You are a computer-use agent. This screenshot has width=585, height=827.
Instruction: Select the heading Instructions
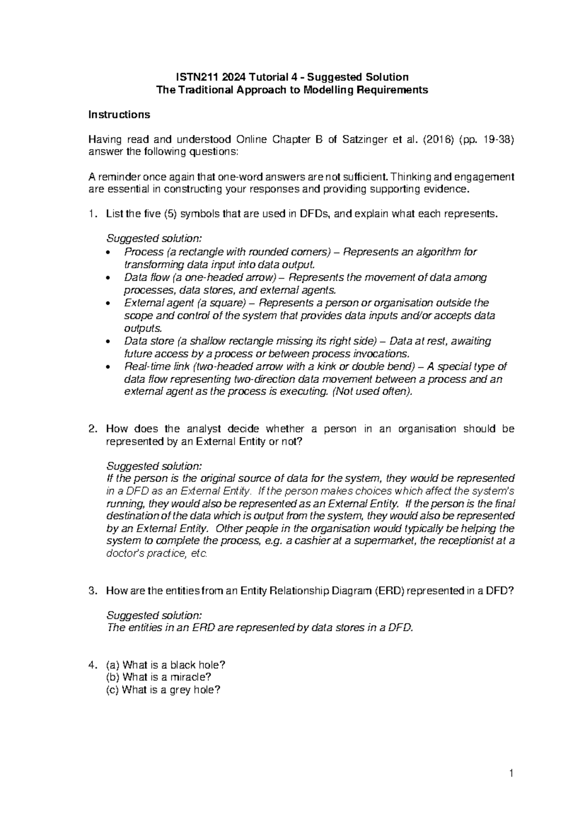118,115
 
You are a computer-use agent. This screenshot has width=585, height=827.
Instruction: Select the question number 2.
91,429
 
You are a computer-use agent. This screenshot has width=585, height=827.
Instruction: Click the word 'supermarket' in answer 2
385,541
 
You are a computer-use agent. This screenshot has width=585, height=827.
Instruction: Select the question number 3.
91,591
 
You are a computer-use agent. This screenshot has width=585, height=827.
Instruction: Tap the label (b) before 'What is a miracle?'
113,677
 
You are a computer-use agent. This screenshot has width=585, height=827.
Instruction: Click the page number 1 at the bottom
511,773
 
